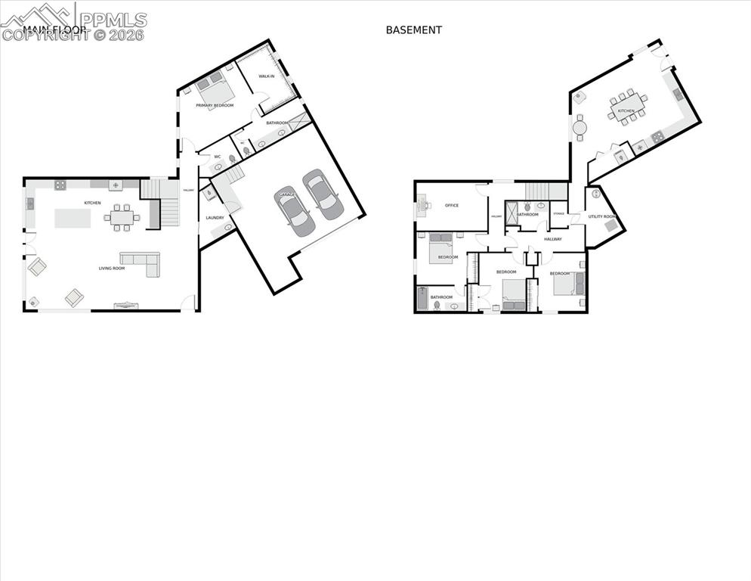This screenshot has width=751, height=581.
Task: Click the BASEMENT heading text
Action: pos(413,30)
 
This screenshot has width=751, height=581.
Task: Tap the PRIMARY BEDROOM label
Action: pos(215,105)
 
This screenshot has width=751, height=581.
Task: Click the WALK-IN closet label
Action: pos(266,76)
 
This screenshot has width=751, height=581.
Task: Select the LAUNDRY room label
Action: pos(215,218)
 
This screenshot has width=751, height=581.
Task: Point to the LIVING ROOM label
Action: pos(112,268)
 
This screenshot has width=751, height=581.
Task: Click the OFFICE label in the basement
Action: pos(452,206)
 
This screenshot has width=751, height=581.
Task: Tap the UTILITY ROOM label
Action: pos(602,216)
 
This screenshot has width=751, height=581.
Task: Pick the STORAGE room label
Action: pos(558,213)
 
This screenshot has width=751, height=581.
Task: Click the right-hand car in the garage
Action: pos(323,194)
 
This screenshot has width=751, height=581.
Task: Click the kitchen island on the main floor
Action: pos(73,218)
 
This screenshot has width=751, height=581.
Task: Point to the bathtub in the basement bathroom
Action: pos(422,298)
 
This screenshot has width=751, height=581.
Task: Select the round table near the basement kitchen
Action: pos(579,128)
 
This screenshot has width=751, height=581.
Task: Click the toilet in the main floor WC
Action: pos(232,160)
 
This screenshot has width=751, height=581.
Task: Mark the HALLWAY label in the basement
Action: pos(553,239)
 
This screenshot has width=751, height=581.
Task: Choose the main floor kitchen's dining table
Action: pos(122,217)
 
